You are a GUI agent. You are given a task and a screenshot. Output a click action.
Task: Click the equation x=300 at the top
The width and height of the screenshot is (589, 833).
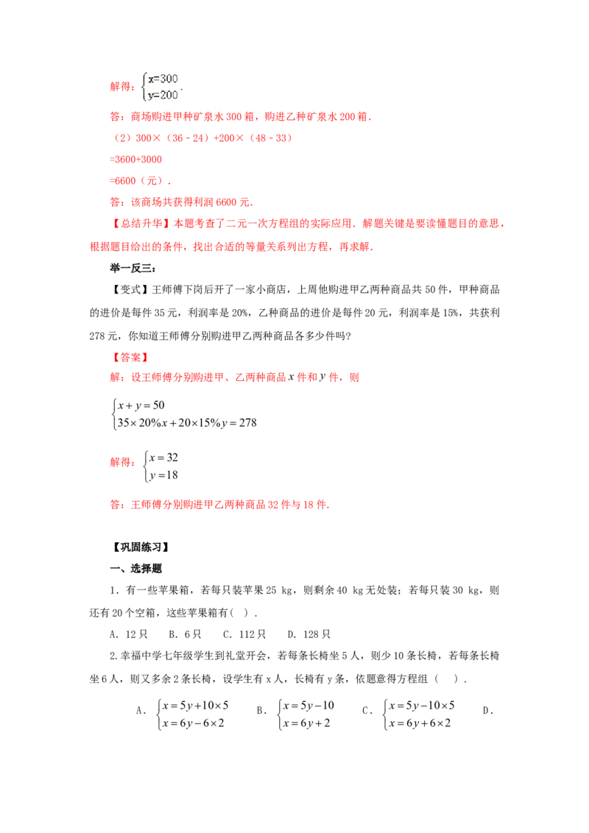pyautogui.click(x=163, y=79)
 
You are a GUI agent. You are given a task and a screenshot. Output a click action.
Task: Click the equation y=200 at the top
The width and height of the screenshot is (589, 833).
pyautogui.click(x=163, y=95)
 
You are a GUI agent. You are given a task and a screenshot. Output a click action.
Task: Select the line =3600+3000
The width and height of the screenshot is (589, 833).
pyautogui.click(x=135, y=160)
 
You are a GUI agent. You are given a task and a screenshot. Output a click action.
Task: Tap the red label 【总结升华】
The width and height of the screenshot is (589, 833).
pyautogui.click(x=141, y=224)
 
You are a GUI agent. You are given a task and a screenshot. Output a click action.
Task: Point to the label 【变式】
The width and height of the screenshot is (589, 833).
pyautogui.click(x=131, y=289)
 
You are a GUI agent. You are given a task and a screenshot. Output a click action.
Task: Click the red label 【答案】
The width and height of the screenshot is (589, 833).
pyautogui.click(x=131, y=358)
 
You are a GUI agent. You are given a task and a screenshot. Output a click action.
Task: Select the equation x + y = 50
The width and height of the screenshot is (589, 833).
pyautogui.click(x=141, y=405)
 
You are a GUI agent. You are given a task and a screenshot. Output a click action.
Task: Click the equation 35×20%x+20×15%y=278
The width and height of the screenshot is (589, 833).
pyautogui.click(x=187, y=423)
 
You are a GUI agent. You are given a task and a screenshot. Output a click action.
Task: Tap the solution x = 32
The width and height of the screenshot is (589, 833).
pyautogui.click(x=163, y=458)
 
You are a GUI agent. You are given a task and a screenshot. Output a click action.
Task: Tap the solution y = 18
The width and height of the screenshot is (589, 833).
pyautogui.click(x=163, y=475)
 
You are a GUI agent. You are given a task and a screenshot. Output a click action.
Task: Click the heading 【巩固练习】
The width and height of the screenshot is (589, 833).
pyautogui.click(x=141, y=547)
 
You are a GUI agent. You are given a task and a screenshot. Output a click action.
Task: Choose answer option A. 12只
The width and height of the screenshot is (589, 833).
pyautogui.click(x=129, y=634)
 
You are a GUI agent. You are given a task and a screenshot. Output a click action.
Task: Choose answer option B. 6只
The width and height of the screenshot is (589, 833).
pyautogui.click(x=185, y=634)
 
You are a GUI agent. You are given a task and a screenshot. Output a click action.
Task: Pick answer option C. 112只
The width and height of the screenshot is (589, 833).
pyautogui.click(x=244, y=634)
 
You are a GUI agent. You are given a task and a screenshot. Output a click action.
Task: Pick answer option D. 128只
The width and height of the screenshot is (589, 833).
pyautogui.click(x=308, y=634)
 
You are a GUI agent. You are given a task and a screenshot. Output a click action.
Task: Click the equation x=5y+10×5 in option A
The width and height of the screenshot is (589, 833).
pyautogui.click(x=196, y=706)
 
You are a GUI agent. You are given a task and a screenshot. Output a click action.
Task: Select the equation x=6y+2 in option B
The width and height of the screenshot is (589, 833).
pyautogui.click(x=306, y=723)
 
